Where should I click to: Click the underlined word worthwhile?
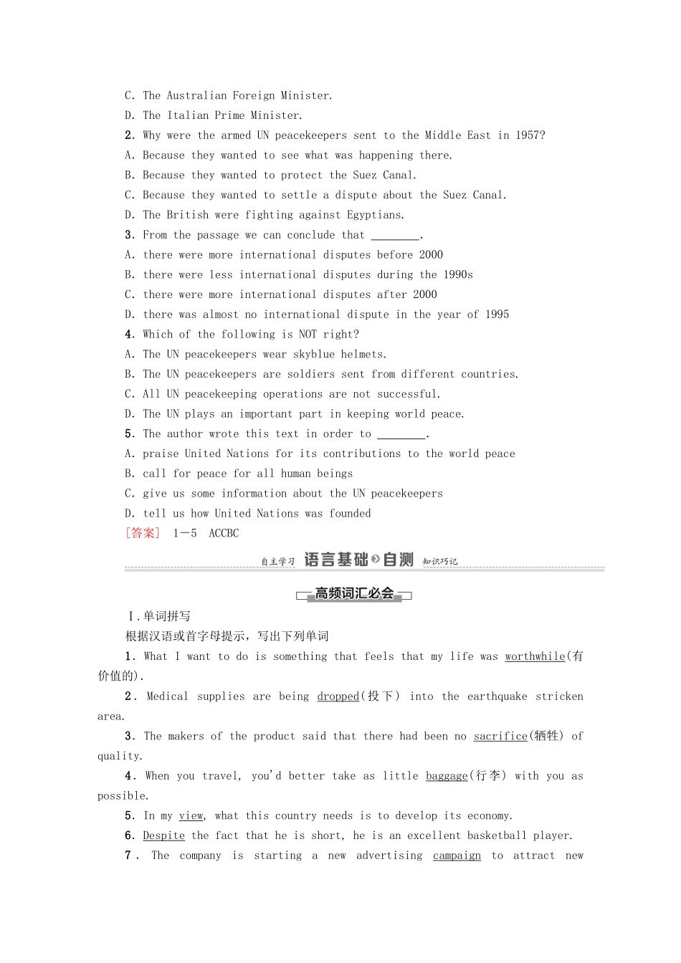[x=535, y=656]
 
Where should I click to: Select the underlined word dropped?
[x=338, y=696]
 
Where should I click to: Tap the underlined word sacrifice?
[x=500, y=737]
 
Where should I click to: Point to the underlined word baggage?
[x=447, y=776]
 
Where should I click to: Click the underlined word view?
[x=191, y=816]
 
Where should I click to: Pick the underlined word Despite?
[x=163, y=836]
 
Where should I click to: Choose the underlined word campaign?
[x=457, y=856]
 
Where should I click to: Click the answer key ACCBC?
[x=224, y=534]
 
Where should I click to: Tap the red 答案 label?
[x=143, y=533]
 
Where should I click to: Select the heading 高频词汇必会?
[x=354, y=594]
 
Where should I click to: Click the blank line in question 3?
[x=396, y=236]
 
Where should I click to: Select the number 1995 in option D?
[x=497, y=315]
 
